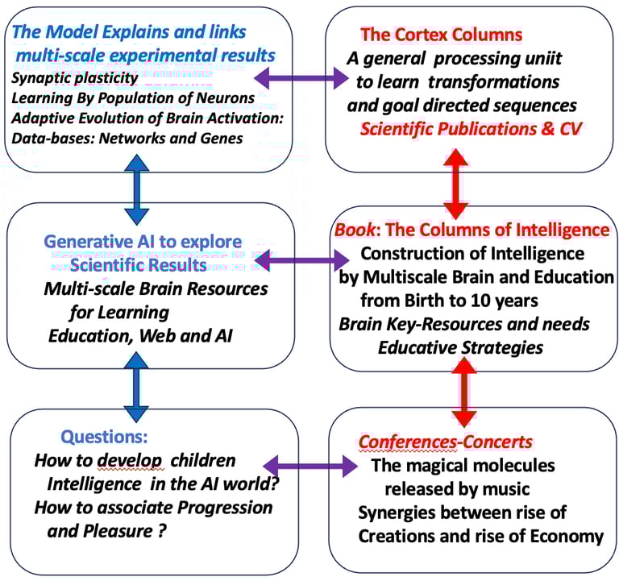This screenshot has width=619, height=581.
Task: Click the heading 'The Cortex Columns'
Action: [x=441, y=35]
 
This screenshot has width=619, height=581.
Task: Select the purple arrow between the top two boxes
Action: [x=300, y=78]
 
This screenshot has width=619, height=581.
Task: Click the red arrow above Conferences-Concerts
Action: [x=462, y=394]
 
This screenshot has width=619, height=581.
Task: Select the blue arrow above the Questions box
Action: [x=137, y=382]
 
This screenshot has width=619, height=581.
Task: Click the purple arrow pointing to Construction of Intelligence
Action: [x=300, y=261]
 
